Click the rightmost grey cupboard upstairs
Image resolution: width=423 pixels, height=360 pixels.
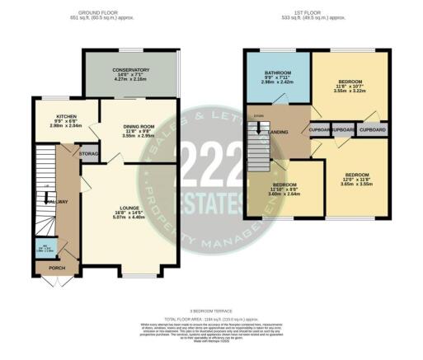pos(373,130)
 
